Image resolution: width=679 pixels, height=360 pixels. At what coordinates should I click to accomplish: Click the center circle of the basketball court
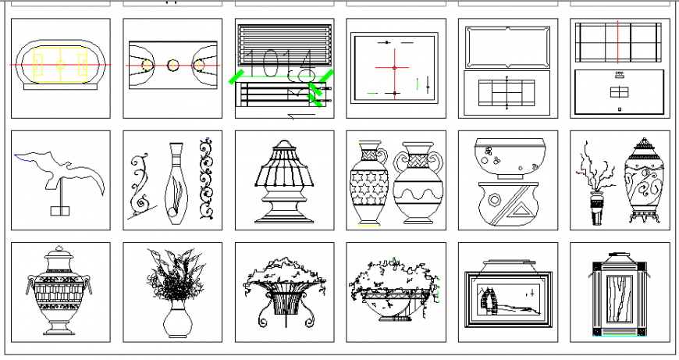click(x=173, y=65)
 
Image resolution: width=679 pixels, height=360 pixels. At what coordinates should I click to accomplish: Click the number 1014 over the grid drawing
click(x=283, y=62)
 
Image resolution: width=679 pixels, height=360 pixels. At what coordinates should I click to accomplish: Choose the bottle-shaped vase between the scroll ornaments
click(x=176, y=184)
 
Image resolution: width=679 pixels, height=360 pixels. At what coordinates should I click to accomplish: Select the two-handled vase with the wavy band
click(x=418, y=185)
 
